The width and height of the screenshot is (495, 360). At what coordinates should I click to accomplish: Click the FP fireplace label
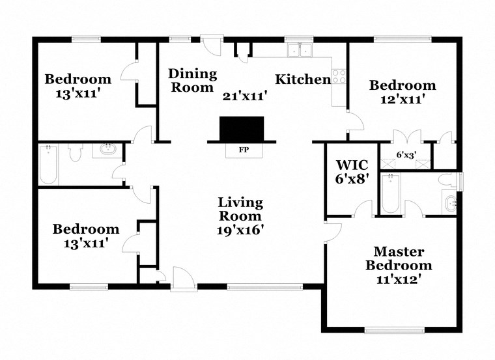244,150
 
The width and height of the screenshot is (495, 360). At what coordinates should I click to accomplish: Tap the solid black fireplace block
242,128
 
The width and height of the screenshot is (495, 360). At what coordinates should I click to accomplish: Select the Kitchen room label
303,80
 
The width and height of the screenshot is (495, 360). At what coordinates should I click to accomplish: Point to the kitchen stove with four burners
339,76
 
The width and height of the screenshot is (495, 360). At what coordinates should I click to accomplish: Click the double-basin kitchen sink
300,49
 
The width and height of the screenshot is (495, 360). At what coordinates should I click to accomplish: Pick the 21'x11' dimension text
246,96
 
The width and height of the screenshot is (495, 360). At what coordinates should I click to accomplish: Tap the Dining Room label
193,80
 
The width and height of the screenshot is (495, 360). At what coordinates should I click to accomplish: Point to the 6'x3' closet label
407,155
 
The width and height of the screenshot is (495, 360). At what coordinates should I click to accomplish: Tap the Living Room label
240,209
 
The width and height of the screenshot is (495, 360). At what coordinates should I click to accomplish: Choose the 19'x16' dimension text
240,229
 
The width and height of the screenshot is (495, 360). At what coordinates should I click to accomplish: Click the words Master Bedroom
399,258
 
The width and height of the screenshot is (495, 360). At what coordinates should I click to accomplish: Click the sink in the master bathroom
451,203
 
